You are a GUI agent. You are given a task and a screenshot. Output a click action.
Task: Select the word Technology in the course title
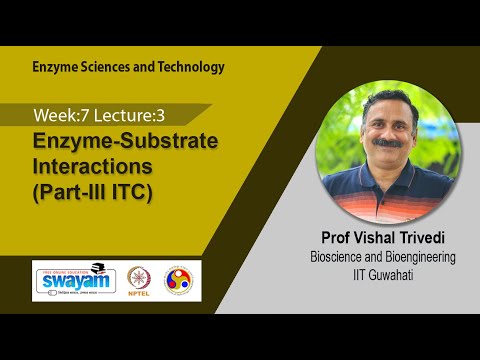190,67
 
